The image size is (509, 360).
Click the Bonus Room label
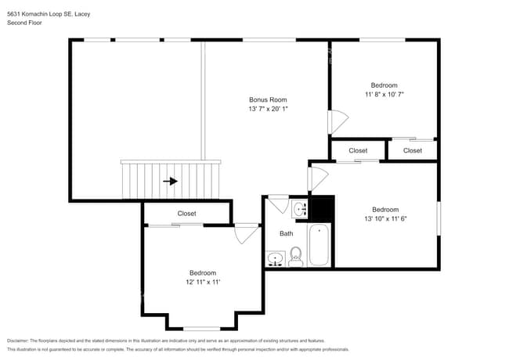coord(268,99)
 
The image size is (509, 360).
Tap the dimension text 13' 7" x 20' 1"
coord(268,110)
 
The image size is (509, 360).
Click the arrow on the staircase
coord(170,182)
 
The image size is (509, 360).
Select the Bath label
coord(287,233)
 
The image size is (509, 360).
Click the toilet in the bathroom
coord(296,255)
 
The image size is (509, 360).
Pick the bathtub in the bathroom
coord(319,245)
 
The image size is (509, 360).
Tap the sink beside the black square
coord(299,209)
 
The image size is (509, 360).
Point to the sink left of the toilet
coord(276,257)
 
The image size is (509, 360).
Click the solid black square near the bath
coord(322,208)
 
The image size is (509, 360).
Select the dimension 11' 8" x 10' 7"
coord(384,95)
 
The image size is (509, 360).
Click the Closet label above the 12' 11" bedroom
coord(186,213)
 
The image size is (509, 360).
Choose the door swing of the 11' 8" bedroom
coord(337,122)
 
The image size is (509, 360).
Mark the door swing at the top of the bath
coord(278,205)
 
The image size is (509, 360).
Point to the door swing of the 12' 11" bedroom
coord(247,233)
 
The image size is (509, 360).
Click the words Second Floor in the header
coord(23,23)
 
